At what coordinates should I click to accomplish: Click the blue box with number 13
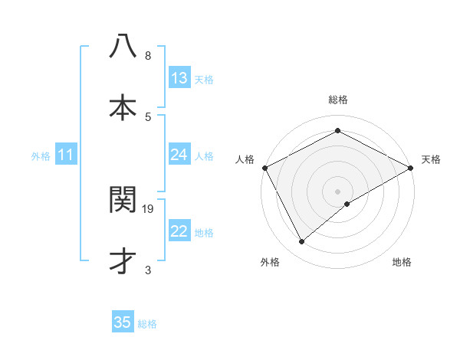[x=179, y=77]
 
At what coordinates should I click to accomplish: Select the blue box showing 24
[x=179, y=155]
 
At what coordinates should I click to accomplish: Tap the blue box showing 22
[x=179, y=231]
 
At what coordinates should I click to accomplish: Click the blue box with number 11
[x=66, y=155]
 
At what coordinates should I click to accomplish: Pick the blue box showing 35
[x=123, y=322]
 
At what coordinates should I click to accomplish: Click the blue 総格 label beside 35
[x=147, y=324]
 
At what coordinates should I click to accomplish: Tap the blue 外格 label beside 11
[x=41, y=156]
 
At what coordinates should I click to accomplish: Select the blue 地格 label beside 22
[x=204, y=233]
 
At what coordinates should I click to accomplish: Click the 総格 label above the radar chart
[x=338, y=100]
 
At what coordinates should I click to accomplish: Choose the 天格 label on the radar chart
[x=432, y=159]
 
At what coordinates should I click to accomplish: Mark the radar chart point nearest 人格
[x=264, y=167]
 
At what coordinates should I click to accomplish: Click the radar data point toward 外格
[x=302, y=242]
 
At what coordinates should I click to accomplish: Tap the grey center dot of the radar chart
[x=337, y=191]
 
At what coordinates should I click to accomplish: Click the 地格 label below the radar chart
[x=402, y=262]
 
